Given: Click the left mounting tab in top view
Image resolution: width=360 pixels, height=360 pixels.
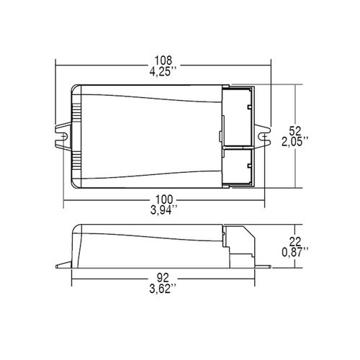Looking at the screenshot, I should click(x=63, y=135).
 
